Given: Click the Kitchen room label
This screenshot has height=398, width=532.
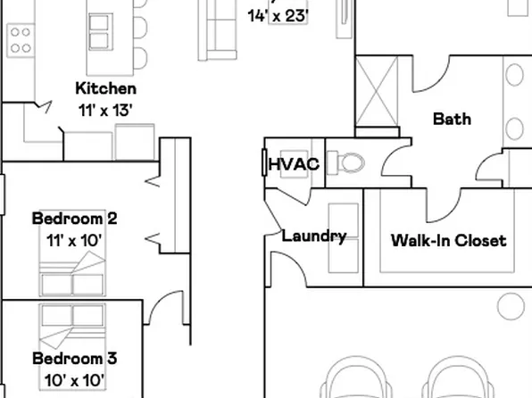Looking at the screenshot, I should click(x=105, y=88).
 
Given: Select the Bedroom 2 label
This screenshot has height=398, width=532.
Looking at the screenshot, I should click(x=74, y=219).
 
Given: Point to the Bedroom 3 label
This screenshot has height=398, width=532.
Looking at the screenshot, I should click(x=74, y=360).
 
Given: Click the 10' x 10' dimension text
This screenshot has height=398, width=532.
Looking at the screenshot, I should click(x=74, y=380).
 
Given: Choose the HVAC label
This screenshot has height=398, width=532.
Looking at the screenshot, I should click(x=294, y=165).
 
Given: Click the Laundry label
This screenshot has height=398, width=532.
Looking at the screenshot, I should click(x=313, y=236).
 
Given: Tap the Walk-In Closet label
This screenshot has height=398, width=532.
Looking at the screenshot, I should click(x=448, y=240).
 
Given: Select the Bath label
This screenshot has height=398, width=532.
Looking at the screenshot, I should click(x=452, y=119).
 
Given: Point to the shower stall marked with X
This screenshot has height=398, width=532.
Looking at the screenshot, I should click(x=378, y=93).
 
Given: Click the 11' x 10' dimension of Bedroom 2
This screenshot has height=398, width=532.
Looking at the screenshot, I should click(x=74, y=239).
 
